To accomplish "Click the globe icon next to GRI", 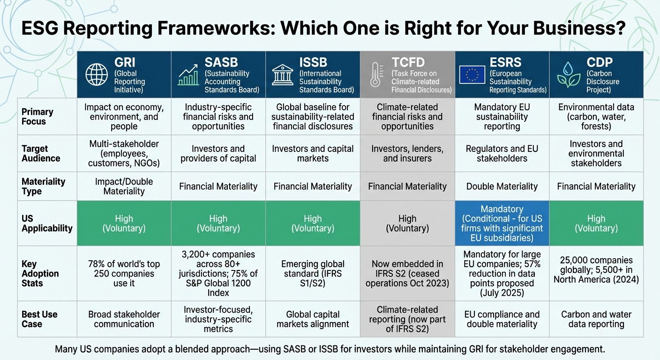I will point(97,75).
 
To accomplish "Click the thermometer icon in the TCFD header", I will point(375,75).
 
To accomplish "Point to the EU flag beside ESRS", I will point(472,75).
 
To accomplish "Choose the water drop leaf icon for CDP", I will point(568,75).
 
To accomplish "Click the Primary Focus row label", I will point(37,117).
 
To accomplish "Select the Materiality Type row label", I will point(43,186).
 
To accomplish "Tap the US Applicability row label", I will point(47,223).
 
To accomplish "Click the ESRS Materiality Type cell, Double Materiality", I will point(502,186).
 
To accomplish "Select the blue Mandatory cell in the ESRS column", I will point(502,223).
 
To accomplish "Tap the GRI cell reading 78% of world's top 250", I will point(124,273).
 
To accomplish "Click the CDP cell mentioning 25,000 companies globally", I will point(596,270).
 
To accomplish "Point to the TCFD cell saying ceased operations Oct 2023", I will point(407,273).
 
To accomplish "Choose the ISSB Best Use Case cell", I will point(313,319).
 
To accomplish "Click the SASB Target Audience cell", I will point(218,153).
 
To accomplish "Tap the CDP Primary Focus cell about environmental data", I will point(596,116).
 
